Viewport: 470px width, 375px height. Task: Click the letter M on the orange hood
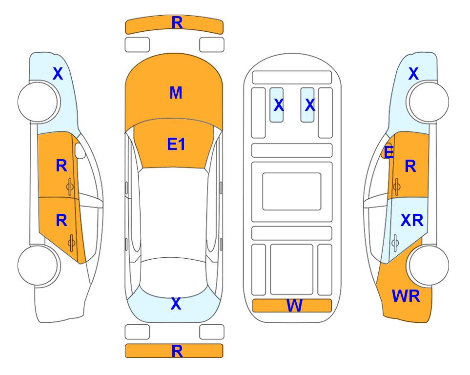tap(176, 93)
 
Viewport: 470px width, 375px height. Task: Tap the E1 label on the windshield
tap(176, 144)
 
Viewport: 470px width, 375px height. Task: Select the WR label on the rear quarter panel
tap(406, 296)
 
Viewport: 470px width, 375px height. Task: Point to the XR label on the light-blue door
tap(411, 221)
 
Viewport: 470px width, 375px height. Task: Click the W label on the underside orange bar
tap(294, 306)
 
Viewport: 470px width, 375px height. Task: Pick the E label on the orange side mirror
tap(388, 152)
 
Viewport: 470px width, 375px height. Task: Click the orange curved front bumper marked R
tap(174, 24)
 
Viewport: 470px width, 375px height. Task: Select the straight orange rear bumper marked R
tap(174, 351)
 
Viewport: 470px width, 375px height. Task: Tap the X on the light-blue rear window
tap(176, 304)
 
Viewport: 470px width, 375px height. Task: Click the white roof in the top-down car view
tap(174, 213)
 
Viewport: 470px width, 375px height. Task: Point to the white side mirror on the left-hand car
tap(80, 150)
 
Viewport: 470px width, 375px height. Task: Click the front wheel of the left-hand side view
tap(38, 102)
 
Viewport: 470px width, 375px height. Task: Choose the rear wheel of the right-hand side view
tap(429, 265)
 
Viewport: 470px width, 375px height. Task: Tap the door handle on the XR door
tap(395, 243)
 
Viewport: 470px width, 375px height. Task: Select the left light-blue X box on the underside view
tap(276, 105)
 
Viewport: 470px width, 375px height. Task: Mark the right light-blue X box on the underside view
tap(307, 105)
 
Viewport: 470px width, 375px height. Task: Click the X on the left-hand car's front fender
tap(58, 74)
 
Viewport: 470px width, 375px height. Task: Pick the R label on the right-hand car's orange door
tap(410, 166)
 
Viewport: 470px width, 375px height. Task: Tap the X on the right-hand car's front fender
tap(413, 74)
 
